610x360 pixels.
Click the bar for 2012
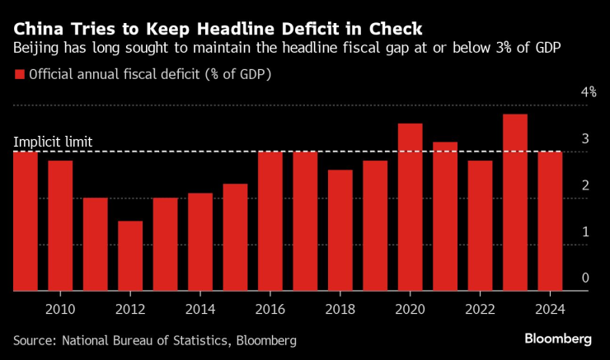[130, 256]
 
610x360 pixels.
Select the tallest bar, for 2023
[515, 203]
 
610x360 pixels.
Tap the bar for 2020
[411, 208]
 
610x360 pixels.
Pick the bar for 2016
[270, 222]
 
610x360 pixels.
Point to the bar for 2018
[340, 231]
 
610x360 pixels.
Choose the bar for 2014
[200, 242]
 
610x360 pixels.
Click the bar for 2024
[551, 222]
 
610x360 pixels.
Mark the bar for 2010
[60, 226]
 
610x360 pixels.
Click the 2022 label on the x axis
[480, 310]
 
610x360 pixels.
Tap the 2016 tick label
[270, 310]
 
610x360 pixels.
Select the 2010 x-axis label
[60, 310]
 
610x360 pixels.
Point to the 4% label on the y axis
[589, 92]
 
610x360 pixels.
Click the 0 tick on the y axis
[585, 278]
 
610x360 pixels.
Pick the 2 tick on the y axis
[585, 185]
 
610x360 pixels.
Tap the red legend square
[20, 74]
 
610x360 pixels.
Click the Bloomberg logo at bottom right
[559, 339]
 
